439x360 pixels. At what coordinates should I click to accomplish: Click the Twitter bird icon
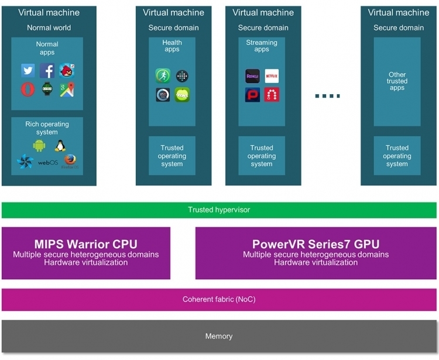[x=28, y=70]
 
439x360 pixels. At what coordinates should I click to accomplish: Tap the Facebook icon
[x=47, y=70]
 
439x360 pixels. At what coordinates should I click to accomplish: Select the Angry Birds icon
[x=67, y=70]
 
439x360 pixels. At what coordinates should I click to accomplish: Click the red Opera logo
[x=28, y=90]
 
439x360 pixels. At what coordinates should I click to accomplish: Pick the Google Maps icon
[x=67, y=90]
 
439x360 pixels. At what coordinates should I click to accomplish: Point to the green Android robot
[x=39, y=146]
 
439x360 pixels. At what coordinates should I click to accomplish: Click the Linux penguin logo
[x=60, y=146]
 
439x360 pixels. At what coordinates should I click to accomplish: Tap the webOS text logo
[x=48, y=163]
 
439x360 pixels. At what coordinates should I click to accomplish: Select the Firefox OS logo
[x=70, y=162]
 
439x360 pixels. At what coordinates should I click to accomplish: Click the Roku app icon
[x=252, y=76]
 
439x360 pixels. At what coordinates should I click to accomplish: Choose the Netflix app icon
[x=272, y=76]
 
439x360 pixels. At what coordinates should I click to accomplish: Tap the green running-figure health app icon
[x=163, y=76]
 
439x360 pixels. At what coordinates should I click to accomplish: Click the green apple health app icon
[x=182, y=95]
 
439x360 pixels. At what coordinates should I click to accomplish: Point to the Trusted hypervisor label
[x=219, y=210]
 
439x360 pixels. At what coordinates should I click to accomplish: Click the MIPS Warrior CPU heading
[x=86, y=244]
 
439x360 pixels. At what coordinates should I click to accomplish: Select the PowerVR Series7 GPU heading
[x=316, y=244]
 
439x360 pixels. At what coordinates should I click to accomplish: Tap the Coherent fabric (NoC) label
[x=219, y=299]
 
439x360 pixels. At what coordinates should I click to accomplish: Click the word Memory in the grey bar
[x=219, y=336]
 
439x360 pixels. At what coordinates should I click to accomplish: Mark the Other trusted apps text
[x=397, y=81]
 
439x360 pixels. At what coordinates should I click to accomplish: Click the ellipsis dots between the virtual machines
[x=328, y=96]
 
